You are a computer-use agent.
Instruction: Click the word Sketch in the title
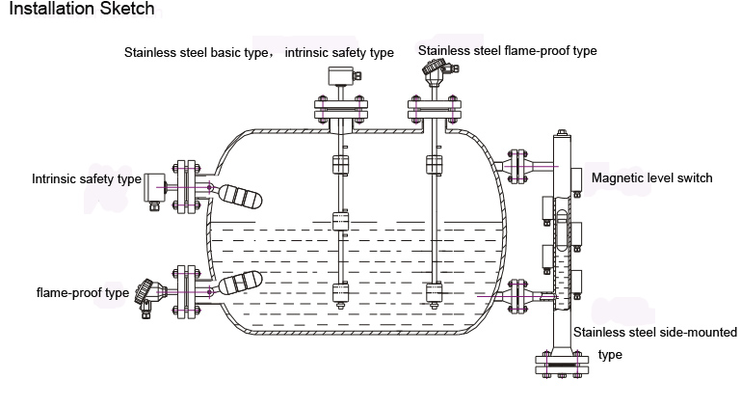tap(123, 10)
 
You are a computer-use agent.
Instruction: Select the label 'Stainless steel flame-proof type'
tap(508, 50)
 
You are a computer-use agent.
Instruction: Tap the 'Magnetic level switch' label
tap(652, 177)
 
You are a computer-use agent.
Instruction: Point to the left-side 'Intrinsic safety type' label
tap(87, 178)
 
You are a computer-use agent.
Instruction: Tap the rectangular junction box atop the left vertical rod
tap(339, 78)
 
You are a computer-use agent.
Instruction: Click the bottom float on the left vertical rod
tap(339, 291)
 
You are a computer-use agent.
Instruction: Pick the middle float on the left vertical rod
tap(339, 222)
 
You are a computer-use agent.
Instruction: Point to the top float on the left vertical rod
tap(339, 164)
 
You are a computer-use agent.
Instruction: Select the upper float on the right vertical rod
tap(433, 163)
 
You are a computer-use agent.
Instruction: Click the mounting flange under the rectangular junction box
tap(339, 115)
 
